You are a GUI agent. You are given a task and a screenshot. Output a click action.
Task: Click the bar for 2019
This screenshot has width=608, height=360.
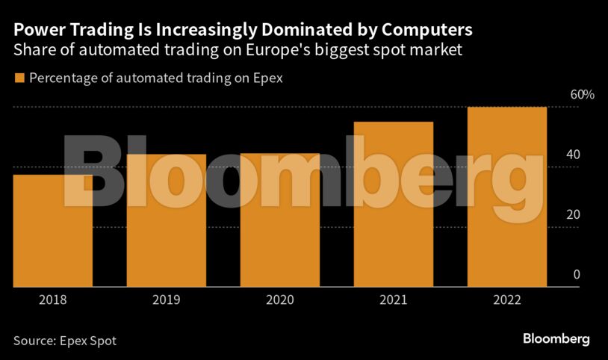(x=166, y=220)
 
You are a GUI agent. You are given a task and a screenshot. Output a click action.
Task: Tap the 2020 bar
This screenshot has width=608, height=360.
(x=280, y=220)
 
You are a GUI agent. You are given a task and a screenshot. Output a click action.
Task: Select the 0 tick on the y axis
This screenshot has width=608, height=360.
(x=577, y=274)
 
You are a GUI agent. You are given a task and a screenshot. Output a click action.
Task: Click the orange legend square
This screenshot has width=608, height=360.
(x=19, y=77)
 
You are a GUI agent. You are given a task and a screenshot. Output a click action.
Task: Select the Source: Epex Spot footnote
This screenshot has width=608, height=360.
(x=65, y=341)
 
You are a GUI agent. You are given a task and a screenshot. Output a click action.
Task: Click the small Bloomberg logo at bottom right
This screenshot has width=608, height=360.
(x=556, y=339)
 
